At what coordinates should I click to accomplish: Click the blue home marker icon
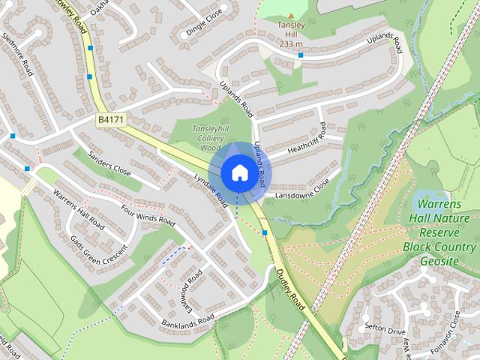coord(239,172)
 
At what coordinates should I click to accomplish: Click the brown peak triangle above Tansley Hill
coord(289,15)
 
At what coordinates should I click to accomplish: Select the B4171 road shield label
coord(111,119)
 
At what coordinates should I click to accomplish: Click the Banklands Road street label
coord(187,322)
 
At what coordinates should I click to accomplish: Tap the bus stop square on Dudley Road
coord(265,232)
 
